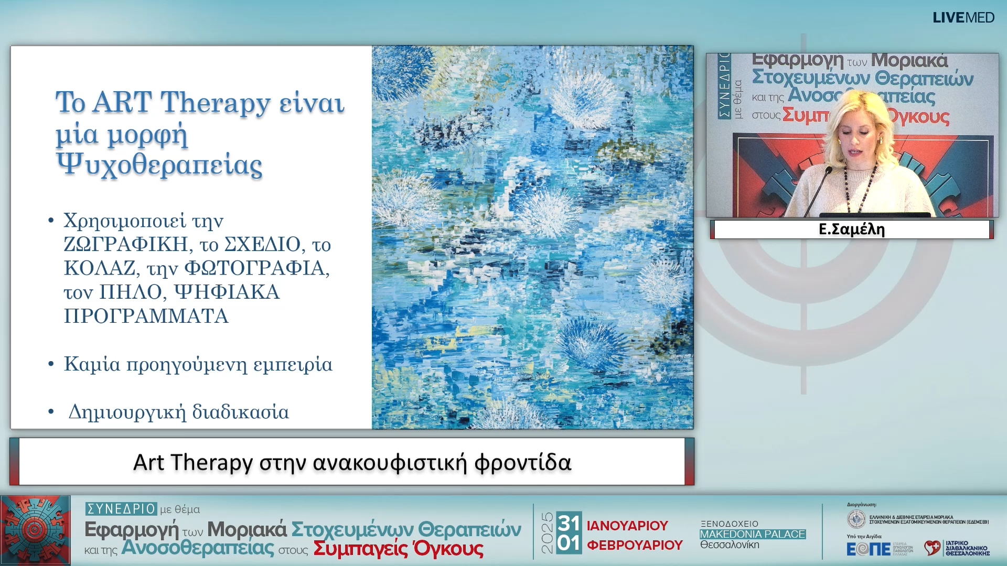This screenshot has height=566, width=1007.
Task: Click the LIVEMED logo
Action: coord(963,18)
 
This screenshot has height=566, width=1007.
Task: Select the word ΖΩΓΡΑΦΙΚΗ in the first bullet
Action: coord(126,244)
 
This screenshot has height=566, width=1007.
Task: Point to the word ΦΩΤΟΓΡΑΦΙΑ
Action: coord(256,268)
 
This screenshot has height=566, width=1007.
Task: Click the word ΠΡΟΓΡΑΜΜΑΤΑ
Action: coord(146,316)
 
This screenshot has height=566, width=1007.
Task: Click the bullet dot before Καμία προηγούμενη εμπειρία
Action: coord(51,364)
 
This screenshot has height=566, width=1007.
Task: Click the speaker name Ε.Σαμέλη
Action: coord(851,230)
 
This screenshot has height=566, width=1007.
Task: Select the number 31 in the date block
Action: coord(569,523)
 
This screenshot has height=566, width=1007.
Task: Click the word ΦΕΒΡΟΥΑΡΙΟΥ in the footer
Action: coord(635,546)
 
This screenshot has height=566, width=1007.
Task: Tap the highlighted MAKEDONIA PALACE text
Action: coord(752,534)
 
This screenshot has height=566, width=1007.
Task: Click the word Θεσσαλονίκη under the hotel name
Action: coord(730,545)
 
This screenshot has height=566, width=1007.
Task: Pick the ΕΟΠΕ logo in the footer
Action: coord(868,549)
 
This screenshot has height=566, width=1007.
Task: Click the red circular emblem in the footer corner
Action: coord(35,530)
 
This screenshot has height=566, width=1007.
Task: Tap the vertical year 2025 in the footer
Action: coord(547,533)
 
